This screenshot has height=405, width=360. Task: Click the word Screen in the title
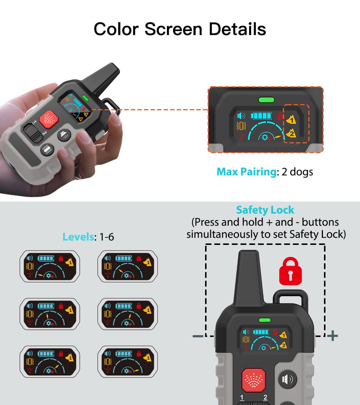[x=173, y=29]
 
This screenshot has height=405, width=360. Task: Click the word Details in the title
[x=237, y=29]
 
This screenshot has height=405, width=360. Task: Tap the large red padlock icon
[x=290, y=271]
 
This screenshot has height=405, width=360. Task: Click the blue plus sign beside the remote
[x=332, y=335]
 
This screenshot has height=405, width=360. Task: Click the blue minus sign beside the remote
[x=198, y=336]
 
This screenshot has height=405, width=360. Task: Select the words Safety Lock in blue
[x=265, y=210]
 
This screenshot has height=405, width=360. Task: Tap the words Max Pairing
[x=247, y=172]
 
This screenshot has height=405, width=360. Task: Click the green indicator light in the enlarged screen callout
[x=266, y=100]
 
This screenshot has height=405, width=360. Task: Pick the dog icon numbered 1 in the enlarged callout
[x=291, y=120]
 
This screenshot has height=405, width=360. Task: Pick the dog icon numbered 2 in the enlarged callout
[x=291, y=133]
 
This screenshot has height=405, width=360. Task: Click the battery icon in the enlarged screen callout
[x=261, y=115]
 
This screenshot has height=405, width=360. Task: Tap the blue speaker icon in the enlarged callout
[x=241, y=116]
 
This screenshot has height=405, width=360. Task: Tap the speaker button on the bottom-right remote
[x=288, y=380]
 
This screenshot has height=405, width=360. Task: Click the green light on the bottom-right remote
[x=265, y=320]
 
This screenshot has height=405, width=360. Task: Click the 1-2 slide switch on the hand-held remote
[x=33, y=133]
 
